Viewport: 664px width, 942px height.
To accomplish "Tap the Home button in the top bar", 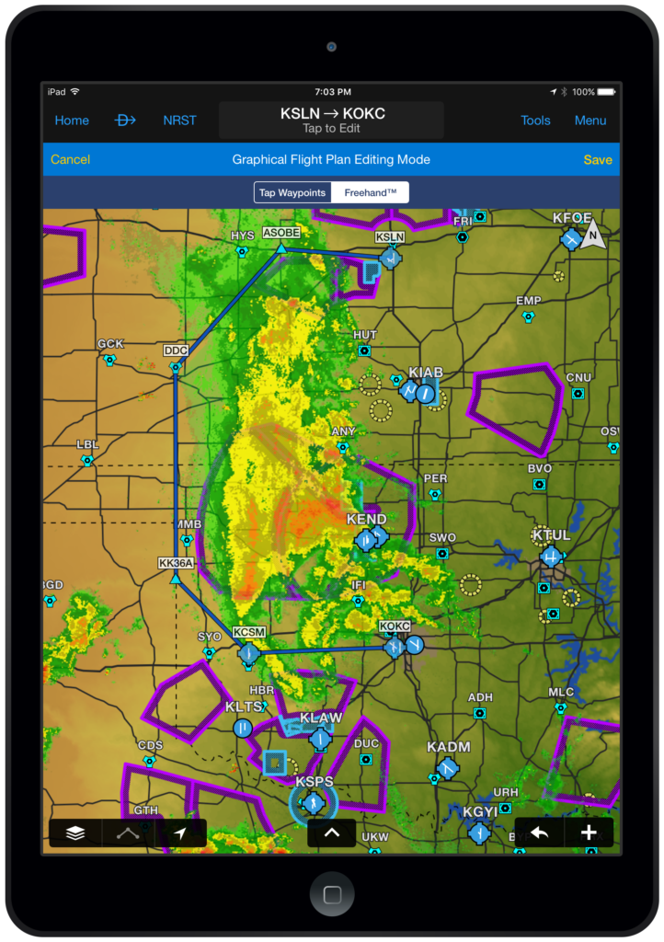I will point(72,121).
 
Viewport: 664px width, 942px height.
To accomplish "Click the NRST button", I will point(179,121).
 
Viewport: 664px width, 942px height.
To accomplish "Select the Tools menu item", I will point(535,121).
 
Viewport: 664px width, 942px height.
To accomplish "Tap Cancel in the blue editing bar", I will point(70,159).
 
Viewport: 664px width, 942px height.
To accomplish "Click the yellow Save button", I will point(598,159).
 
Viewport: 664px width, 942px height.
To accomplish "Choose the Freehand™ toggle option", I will point(371,192).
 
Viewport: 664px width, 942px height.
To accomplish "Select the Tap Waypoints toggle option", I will point(292,192).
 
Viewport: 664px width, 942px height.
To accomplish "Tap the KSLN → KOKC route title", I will point(332,114).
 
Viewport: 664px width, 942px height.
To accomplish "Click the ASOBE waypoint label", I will point(280,233).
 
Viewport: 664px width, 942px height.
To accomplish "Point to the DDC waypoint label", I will point(176,350).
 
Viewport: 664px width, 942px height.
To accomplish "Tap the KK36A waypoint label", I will point(176,563).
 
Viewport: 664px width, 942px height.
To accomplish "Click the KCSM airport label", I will point(249,633).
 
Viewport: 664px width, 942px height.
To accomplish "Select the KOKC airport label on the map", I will point(395,626).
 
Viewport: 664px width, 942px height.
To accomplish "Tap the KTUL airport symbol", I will point(551,557).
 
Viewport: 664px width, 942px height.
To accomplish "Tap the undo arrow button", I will point(539,833).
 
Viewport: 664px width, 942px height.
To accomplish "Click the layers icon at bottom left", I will point(75,833).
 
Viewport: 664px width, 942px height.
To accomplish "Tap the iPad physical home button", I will point(332,894).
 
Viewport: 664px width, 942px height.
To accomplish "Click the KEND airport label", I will point(366,520).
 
